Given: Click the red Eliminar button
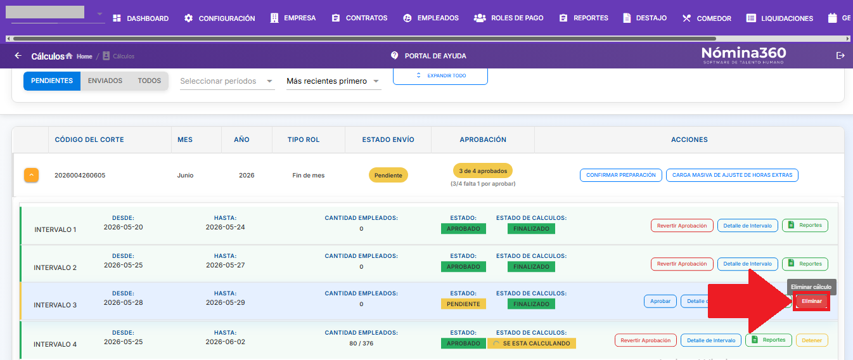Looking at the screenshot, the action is click(x=812, y=301).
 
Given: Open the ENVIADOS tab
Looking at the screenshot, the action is click(x=105, y=80).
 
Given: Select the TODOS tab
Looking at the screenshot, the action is click(x=150, y=80).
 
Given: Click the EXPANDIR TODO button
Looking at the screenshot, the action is click(x=440, y=75).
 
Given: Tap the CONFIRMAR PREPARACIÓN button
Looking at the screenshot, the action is click(x=620, y=175).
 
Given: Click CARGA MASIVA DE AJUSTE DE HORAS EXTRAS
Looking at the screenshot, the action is click(x=732, y=175).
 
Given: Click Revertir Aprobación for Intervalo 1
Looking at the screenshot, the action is click(x=682, y=226).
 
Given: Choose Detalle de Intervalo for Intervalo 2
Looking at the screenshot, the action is click(x=747, y=264).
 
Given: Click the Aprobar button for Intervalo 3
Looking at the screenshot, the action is click(x=660, y=301).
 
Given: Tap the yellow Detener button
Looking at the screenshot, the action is click(x=812, y=340).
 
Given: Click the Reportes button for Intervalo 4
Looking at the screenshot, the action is click(x=768, y=340).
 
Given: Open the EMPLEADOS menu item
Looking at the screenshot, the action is click(x=431, y=18).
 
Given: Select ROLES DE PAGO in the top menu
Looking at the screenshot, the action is click(x=508, y=18).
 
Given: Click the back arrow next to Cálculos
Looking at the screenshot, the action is click(x=18, y=56).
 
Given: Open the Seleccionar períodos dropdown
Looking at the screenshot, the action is click(x=227, y=81).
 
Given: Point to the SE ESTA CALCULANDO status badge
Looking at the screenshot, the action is click(x=532, y=344).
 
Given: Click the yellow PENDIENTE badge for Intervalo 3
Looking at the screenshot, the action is click(x=463, y=304).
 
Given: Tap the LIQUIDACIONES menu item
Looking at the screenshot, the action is click(x=779, y=18).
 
